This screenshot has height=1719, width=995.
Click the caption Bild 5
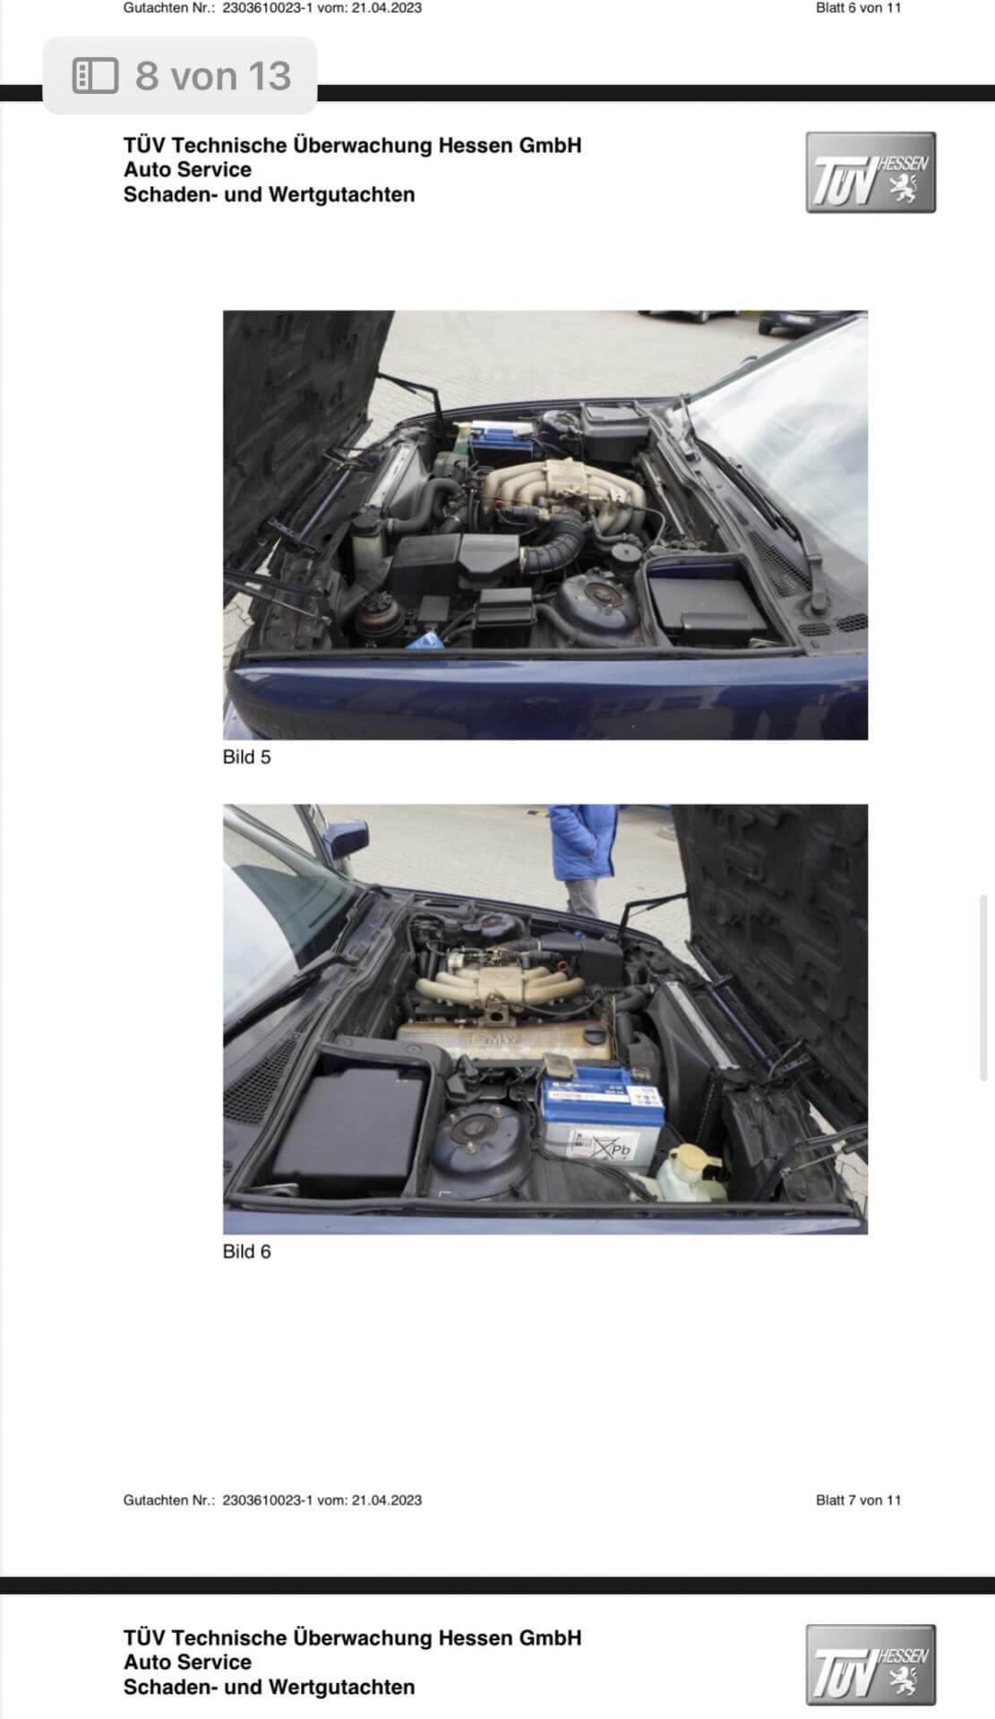point(246,757)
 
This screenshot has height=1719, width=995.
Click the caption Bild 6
point(246,1252)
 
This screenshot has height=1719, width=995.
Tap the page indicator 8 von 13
point(213,76)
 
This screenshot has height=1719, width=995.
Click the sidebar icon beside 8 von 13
point(95,76)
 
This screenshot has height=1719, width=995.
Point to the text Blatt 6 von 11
point(858,8)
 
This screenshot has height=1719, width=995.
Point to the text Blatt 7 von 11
point(858,1500)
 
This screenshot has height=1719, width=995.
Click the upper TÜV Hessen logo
point(871,173)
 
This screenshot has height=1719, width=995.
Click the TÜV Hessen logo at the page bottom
point(871,1664)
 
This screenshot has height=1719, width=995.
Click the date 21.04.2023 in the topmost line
point(387,8)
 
